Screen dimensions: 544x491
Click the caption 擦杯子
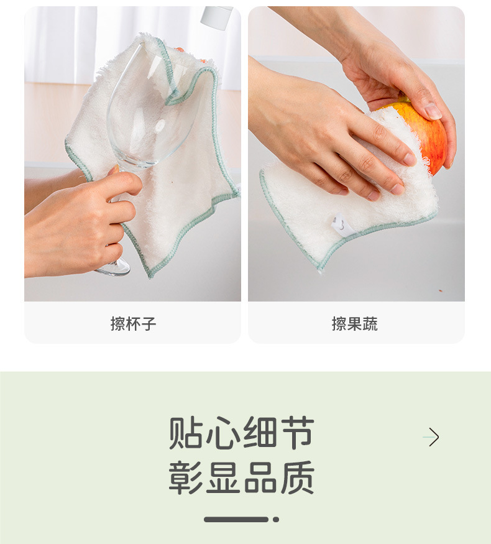(x=133, y=323)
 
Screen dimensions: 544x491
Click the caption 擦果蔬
(x=354, y=323)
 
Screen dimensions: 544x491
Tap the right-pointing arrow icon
(x=432, y=437)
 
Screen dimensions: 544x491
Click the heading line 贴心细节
(x=241, y=433)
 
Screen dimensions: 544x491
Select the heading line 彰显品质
(x=241, y=477)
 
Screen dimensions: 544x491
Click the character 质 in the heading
(x=297, y=477)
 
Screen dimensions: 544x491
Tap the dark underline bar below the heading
(x=236, y=519)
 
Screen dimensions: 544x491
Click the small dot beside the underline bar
(x=276, y=519)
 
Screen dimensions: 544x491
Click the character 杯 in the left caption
(x=133, y=323)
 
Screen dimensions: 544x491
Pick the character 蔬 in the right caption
(x=370, y=323)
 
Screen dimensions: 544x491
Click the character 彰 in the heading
(x=186, y=477)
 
